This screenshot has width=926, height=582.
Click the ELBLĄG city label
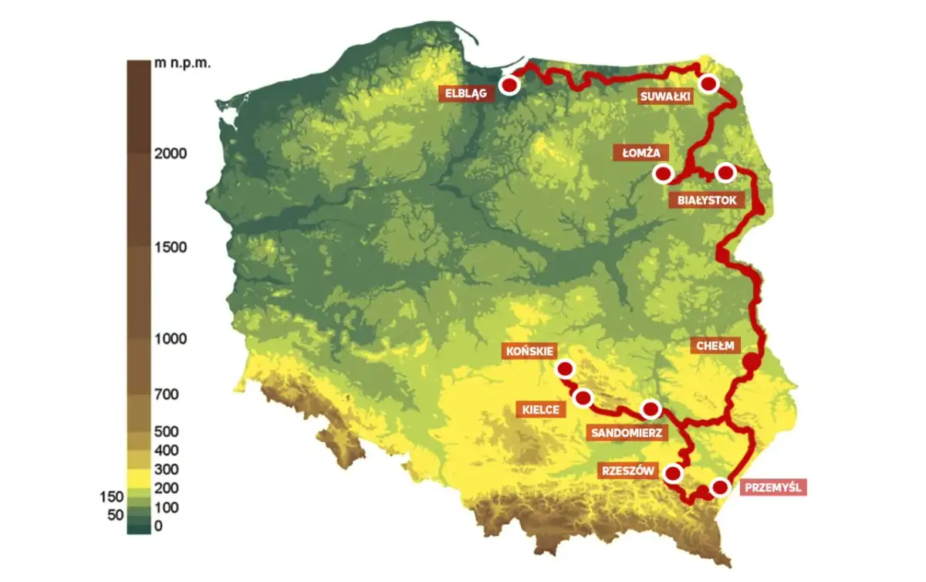tap(465, 94)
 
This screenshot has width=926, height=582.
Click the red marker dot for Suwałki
tap(708, 83)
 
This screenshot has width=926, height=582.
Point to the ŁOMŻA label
tap(640, 153)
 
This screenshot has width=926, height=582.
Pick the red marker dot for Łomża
tap(663, 174)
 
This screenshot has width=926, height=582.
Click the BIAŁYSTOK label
tap(708, 200)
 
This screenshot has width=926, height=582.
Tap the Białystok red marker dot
tap(725, 172)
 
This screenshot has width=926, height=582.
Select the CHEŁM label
tap(714, 345)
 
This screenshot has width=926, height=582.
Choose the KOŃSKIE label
tap(528, 350)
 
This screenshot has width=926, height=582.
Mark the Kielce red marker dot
tap(583, 398)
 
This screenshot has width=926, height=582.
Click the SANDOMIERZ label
tap(627, 432)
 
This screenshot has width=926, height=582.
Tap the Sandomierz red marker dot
tap(651, 408)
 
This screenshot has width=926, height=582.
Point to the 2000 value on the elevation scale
tap(170, 153)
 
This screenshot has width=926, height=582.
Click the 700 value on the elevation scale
tap(166, 395)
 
